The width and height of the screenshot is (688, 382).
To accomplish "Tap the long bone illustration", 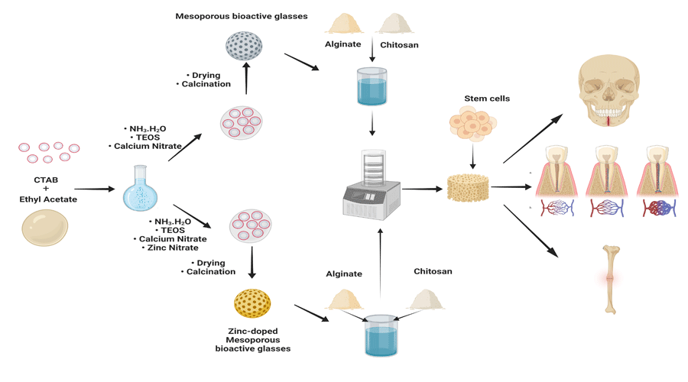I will coord(609,280).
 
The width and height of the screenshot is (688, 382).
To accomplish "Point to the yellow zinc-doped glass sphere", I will coord(252,304).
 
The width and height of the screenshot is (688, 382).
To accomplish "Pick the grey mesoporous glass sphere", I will coord(244,47).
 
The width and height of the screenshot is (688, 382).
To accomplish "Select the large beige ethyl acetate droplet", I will coord(45,228).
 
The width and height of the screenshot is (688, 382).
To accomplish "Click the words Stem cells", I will coord(487,99).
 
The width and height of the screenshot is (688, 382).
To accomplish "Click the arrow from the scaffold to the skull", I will coord(533,138).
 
